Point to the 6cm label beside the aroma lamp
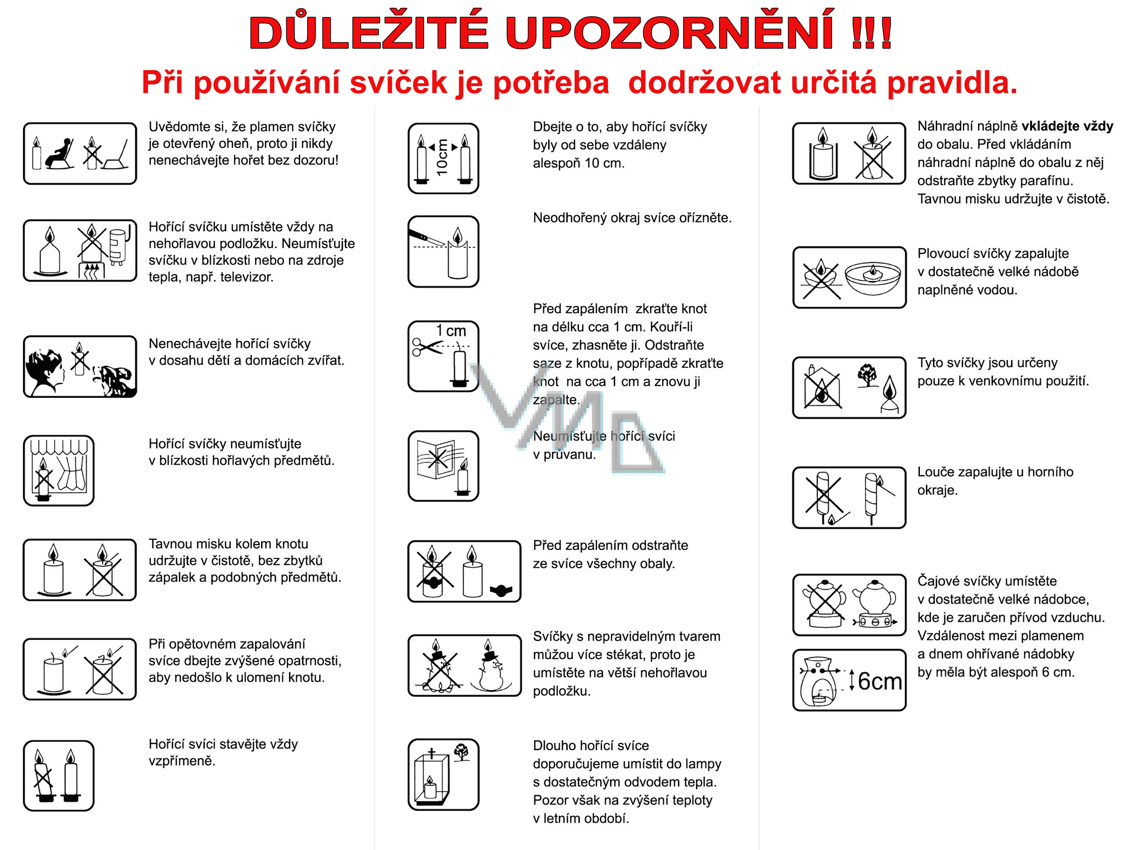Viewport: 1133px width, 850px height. [879, 681]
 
